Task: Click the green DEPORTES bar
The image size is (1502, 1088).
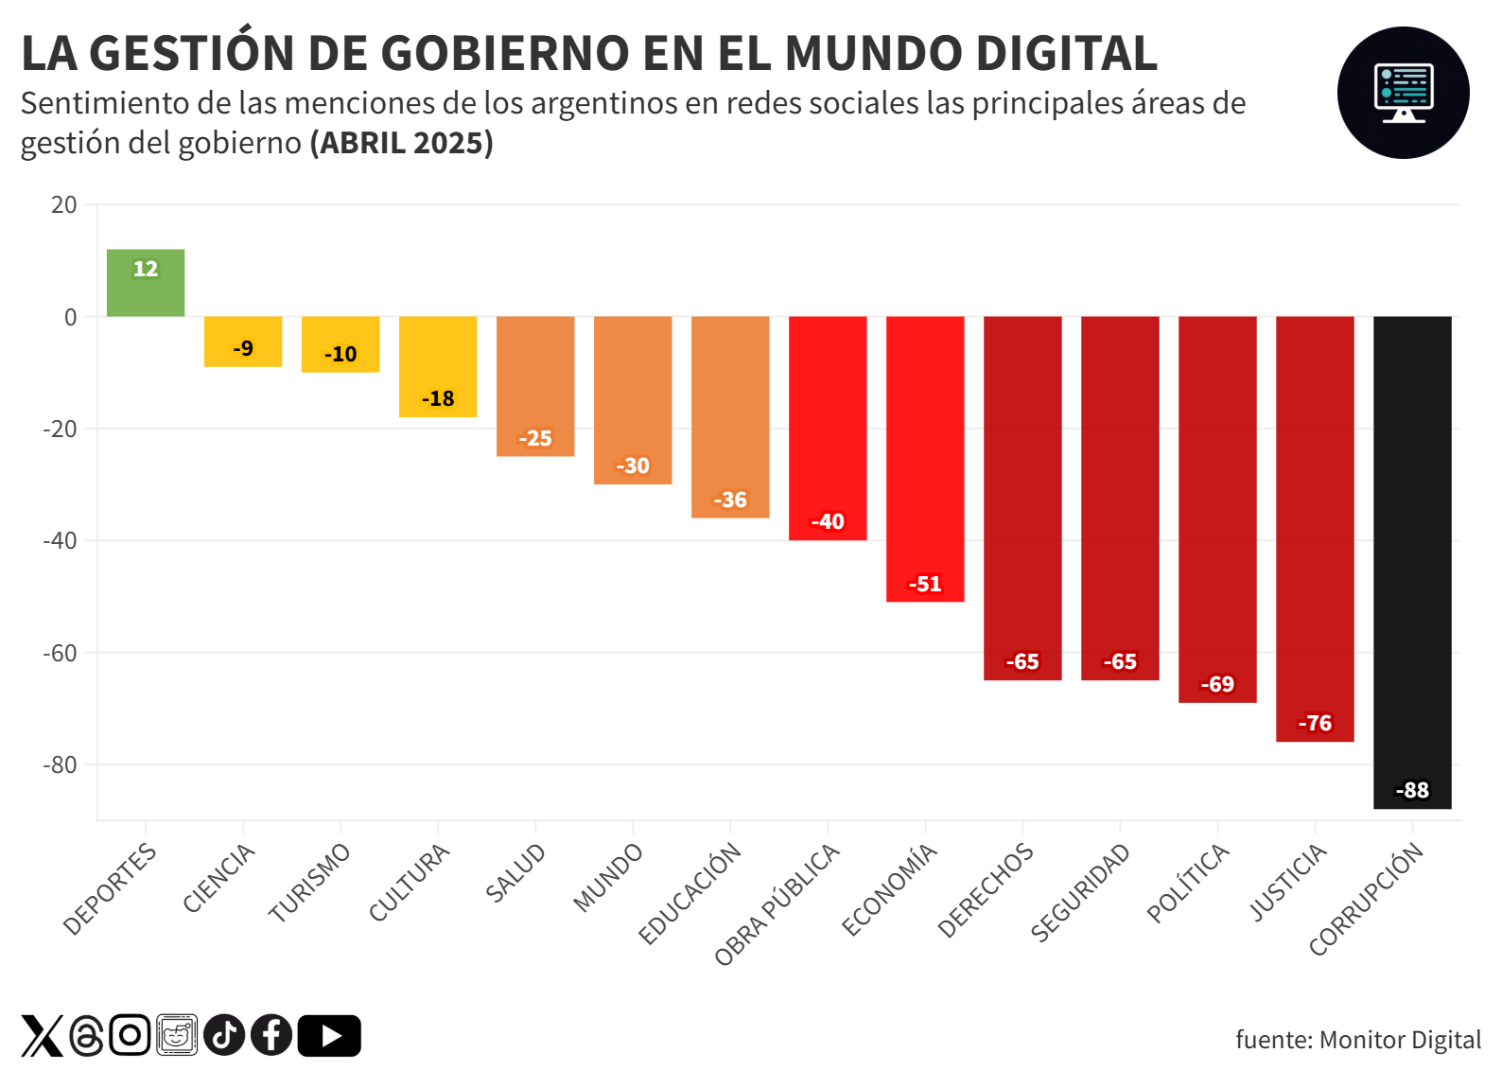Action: (x=146, y=283)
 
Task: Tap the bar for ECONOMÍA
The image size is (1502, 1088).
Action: (x=925, y=459)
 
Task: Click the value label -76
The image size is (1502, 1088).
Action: (x=1315, y=724)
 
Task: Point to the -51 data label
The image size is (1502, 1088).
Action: (x=925, y=585)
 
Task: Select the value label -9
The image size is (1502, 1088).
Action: (x=243, y=349)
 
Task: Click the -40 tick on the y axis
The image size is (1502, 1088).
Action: (x=61, y=541)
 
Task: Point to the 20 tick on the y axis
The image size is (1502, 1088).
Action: (x=64, y=205)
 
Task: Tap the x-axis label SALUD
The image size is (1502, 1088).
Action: (x=516, y=872)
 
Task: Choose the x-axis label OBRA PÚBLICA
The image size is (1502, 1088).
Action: (x=777, y=904)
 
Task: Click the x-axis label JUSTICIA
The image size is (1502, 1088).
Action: (x=1288, y=882)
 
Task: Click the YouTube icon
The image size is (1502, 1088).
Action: (x=329, y=1036)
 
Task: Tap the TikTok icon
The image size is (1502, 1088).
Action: (x=224, y=1035)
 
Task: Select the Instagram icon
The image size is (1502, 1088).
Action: (x=130, y=1035)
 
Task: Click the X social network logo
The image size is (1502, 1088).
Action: (x=43, y=1036)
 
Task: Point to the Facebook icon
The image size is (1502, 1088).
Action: (x=271, y=1035)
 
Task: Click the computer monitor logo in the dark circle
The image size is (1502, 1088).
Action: (x=1403, y=93)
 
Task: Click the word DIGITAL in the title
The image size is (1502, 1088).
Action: (x=1066, y=54)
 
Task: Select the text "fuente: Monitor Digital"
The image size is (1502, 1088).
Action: (x=1358, y=1040)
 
